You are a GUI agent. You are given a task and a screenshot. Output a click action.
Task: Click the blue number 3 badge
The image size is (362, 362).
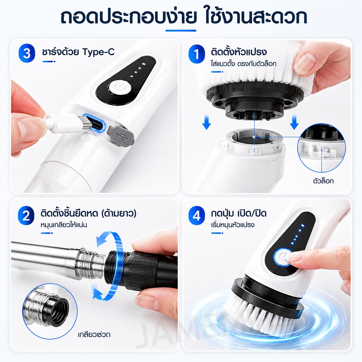(27, 53)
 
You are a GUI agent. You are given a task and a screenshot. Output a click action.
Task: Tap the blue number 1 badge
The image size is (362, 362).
(197, 54)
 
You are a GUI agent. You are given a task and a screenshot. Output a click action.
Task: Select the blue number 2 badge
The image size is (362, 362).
(26, 215)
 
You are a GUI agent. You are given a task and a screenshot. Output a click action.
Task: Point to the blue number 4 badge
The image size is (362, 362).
(197, 215)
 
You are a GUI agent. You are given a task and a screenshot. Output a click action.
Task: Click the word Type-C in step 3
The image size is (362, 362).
(98, 52)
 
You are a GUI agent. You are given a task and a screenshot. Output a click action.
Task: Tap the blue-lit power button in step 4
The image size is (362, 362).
(283, 257)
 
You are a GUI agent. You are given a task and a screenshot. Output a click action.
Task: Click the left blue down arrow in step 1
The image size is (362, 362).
(206, 123)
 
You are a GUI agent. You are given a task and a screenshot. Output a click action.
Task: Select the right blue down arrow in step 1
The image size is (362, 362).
(294, 123)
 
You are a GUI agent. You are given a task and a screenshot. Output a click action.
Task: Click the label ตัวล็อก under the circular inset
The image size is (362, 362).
(323, 181)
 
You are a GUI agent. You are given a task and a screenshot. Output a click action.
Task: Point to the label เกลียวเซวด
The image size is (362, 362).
(94, 334)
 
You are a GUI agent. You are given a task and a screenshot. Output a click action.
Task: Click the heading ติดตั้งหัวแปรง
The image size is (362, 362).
(239, 52)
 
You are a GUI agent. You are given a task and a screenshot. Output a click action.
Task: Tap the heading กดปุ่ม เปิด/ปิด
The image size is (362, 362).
(239, 213)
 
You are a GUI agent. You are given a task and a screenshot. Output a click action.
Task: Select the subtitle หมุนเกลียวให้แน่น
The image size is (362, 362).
(64, 224)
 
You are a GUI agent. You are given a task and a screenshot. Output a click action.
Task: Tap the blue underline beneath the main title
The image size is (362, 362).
(181, 30)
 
